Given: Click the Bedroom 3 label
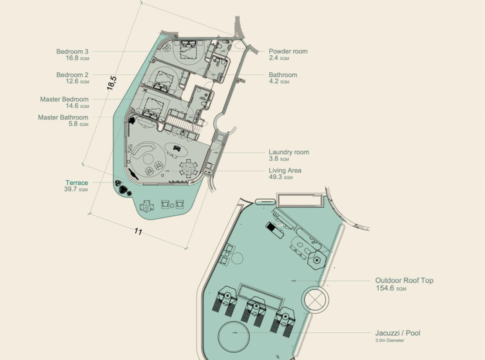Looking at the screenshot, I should click(x=72, y=51).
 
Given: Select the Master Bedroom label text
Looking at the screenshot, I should click(x=64, y=99).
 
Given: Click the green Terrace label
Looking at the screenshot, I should click(x=76, y=183).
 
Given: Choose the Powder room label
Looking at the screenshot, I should click(x=288, y=51).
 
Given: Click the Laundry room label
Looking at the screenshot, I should click(x=288, y=152).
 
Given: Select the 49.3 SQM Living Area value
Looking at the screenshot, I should click(x=279, y=177).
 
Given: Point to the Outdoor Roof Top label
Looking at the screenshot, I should click(x=404, y=280).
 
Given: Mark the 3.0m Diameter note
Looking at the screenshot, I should click(x=389, y=340).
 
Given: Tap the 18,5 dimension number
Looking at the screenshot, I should click(x=112, y=82).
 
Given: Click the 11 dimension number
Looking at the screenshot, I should click(x=138, y=231).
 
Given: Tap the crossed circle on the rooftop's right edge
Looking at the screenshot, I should click(x=316, y=300).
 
